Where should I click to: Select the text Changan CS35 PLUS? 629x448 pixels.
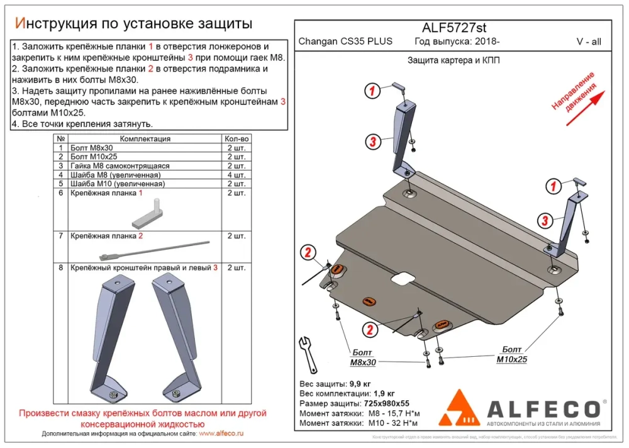click(345, 42)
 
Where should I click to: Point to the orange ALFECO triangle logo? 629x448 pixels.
click(462, 408)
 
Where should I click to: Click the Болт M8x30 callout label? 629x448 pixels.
click(362, 357)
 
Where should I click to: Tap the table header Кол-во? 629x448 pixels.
click(236, 138)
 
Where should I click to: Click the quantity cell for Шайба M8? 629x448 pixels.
click(236, 174)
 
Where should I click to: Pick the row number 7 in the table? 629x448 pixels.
click(60, 236)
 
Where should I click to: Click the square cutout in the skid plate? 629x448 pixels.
click(399, 278)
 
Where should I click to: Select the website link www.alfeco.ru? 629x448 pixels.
click(220, 434)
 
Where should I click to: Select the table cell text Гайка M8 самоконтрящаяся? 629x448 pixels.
click(120, 165)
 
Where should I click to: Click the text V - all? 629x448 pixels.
click(588, 42)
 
